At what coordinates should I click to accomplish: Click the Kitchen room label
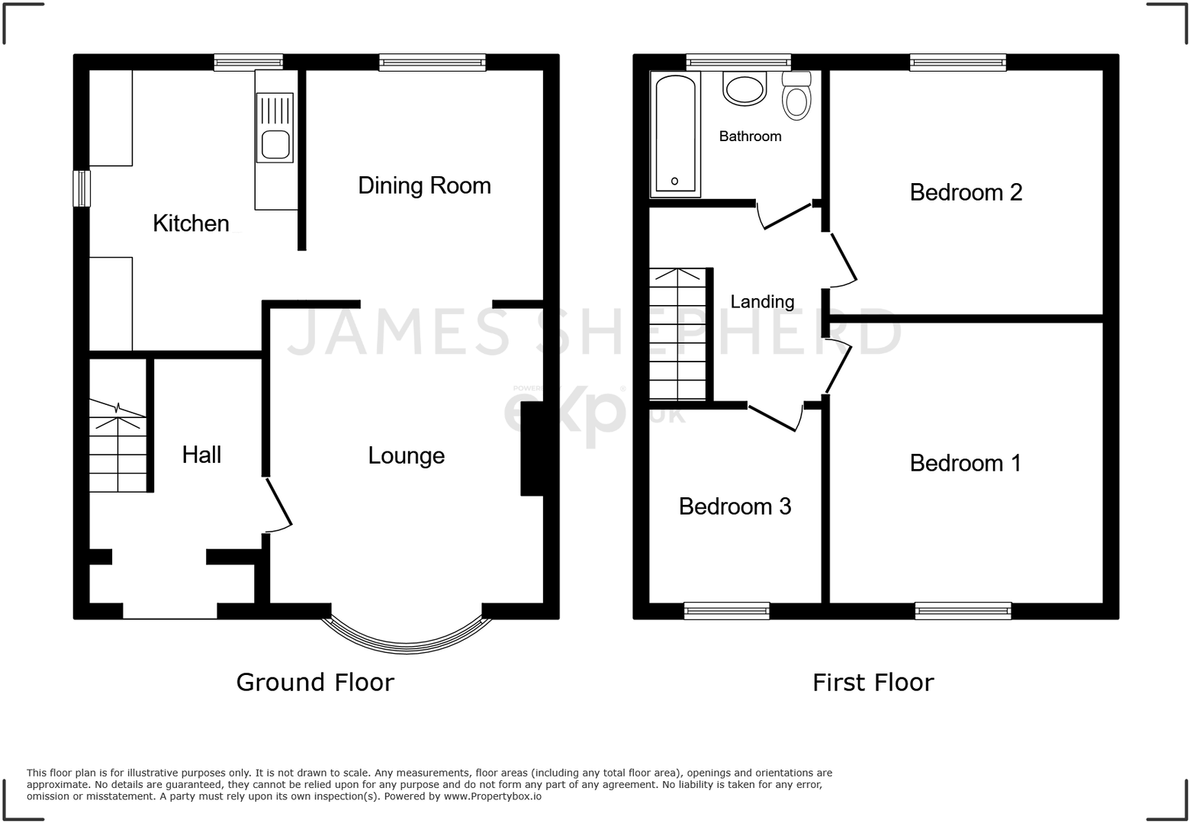[x=191, y=223]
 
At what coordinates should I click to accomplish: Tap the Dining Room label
[x=424, y=185]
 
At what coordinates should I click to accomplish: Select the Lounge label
[x=406, y=455]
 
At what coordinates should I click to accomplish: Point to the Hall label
[x=201, y=455]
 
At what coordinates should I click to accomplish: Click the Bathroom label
[x=750, y=137]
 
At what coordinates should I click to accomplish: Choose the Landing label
[x=762, y=302]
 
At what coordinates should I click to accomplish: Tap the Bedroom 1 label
[x=965, y=463]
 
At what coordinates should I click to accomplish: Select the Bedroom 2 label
[x=966, y=192]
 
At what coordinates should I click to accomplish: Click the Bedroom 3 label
[x=735, y=506]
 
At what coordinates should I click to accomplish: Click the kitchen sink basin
[x=274, y=144]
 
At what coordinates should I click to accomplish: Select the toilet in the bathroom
[x=797, y=98]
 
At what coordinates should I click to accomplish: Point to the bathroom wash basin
[x=744, y=89]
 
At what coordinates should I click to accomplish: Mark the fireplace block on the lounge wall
[x=532, y=450]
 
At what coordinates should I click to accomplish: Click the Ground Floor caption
[x=315, y=682]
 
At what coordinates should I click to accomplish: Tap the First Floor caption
[x=873, y=682]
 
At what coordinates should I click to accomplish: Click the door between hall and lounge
[x=279, y=504]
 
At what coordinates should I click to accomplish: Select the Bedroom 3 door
[x=774, y=417]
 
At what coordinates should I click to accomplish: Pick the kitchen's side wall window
[x=81, y=188]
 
